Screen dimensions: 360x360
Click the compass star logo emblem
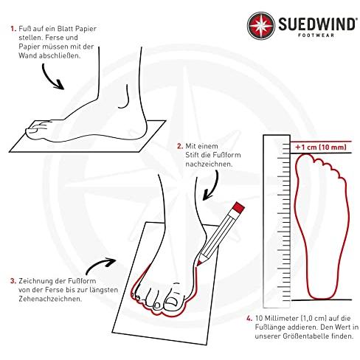coord(261,26)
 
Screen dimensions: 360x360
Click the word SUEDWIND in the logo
coord(316,24)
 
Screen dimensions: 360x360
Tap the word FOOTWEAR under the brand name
coord(316,35)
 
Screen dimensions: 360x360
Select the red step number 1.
coord(13,29)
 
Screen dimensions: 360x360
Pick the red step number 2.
coord(180,146)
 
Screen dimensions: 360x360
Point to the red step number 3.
coord(13,281)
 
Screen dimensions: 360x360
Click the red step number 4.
coord(249,319)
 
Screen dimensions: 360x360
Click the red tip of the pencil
coord(198,263)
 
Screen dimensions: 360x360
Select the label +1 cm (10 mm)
coord(321,148)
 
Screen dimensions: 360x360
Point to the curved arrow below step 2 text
coord(211,186)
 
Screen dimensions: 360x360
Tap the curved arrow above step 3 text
coord(100,266)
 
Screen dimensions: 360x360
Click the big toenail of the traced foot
coord(171,302)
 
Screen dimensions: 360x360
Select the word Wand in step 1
coord(27,55)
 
